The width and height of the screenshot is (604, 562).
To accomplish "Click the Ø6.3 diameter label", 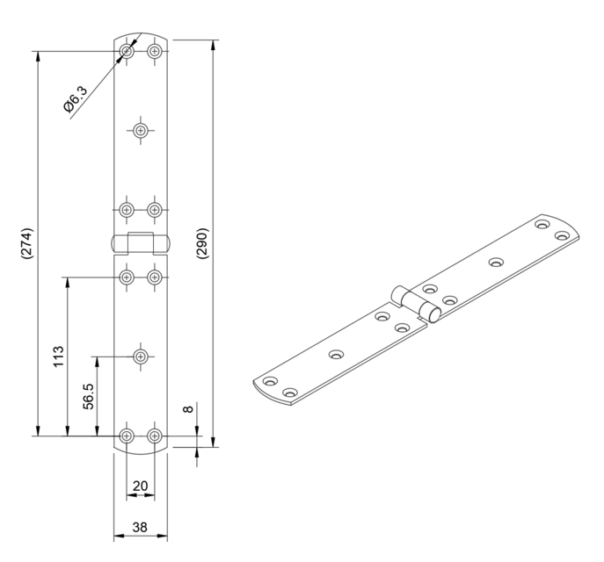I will (76, 100).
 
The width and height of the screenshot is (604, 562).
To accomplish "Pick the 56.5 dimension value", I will (88, 395).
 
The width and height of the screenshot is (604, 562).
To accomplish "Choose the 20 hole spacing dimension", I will (140, 486).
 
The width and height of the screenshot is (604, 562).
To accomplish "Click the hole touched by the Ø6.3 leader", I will (127, 52).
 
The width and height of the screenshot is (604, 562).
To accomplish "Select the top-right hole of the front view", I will (155, 52).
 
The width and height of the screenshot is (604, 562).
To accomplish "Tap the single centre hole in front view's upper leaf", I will (141, 130).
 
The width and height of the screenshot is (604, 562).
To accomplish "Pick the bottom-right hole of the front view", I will (155, 435).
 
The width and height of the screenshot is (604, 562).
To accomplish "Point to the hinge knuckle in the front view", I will (141, 243).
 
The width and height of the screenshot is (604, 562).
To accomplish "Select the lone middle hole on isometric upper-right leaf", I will (496, 262).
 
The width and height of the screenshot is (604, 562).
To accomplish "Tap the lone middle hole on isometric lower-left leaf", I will (336, 355).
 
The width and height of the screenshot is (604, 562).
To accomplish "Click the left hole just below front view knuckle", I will (127, 277).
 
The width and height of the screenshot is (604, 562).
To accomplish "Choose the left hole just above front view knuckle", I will (127, 209).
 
